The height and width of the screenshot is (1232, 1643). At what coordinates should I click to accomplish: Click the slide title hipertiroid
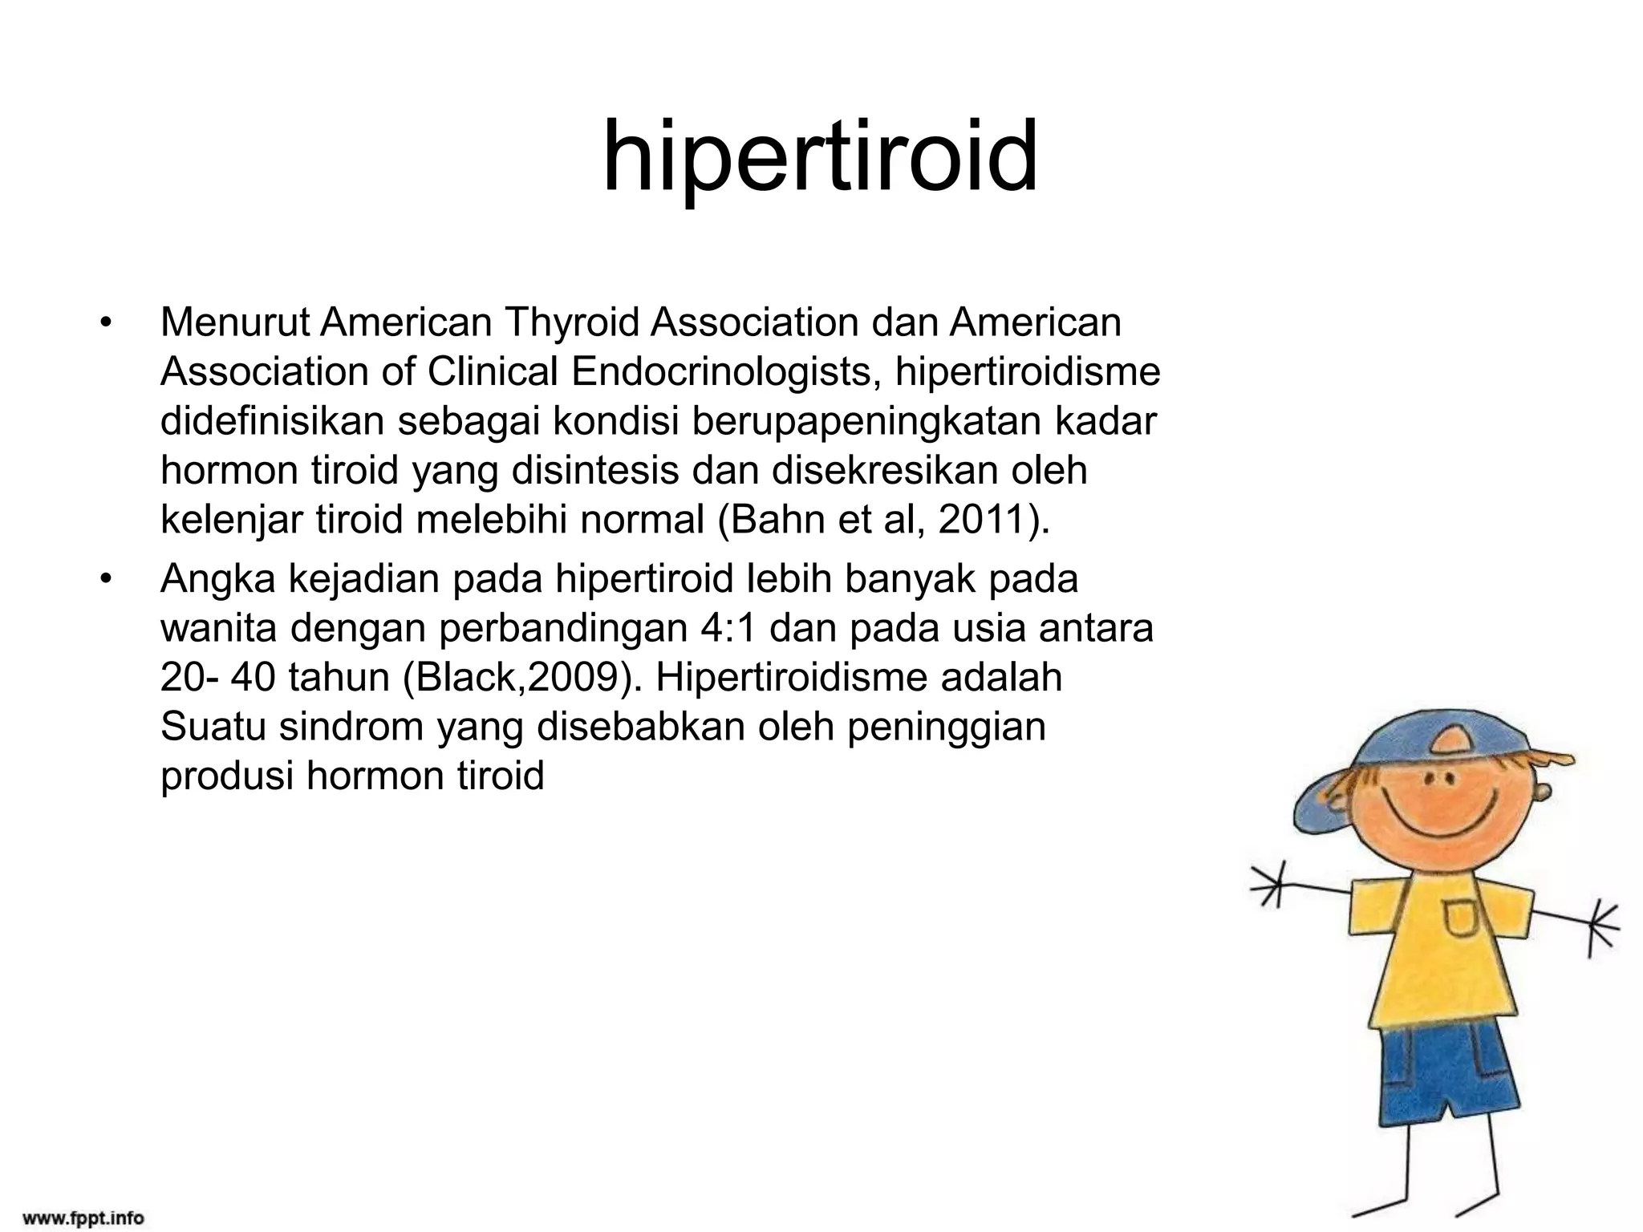[820, 156]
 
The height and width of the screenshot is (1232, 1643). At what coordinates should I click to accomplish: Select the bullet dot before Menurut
[105, 324]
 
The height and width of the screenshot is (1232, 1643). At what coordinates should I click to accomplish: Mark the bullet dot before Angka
[105, 581]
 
